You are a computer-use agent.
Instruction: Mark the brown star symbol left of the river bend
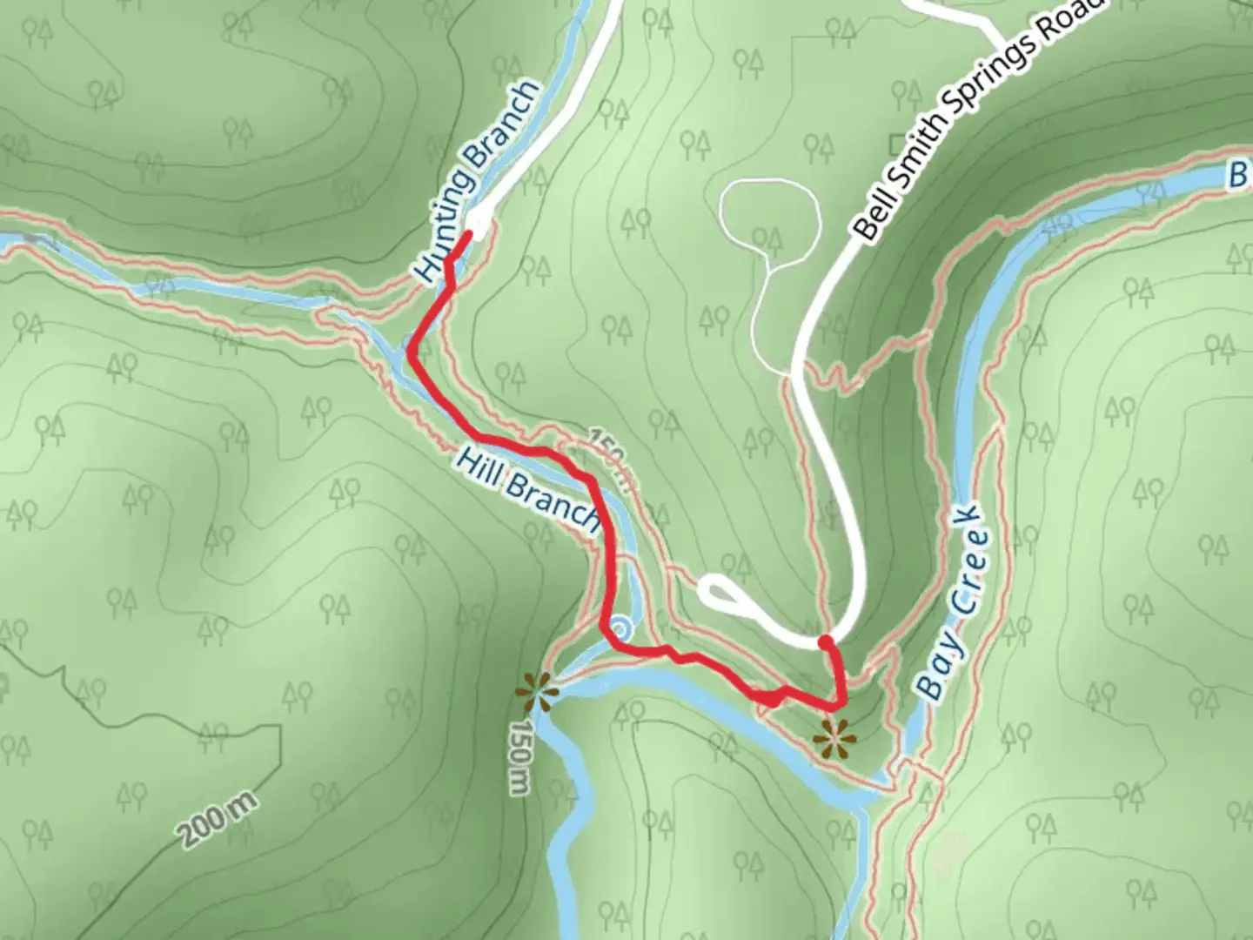pyautogui.click(x=535, y=693)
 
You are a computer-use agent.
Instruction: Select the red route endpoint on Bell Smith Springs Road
pyautogui.click(x=826, y=643)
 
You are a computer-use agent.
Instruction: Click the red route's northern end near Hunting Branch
pyautogui.click(x=469, y=233)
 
